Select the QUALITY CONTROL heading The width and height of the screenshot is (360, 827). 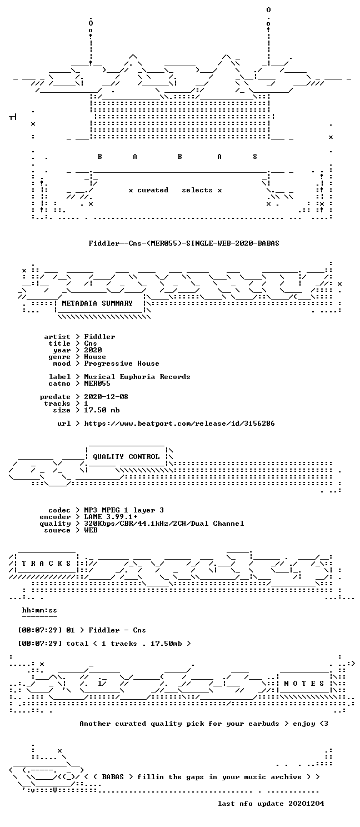pos(126,457)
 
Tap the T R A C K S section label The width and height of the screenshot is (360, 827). pos(46,564)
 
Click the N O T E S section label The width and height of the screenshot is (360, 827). pos(304,684)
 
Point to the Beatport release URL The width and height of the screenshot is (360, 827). pos(179,424)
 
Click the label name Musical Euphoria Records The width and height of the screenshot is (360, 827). pos(137,377)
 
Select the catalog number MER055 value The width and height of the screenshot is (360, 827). pos(97,383)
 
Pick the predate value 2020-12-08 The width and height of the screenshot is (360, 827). pos(106,396)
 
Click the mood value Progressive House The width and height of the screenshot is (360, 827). pos(122,363)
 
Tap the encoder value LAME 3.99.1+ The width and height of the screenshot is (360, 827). pos(111,517)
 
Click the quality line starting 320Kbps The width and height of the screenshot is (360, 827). pos(164,524)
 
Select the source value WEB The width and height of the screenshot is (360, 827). pos(91,530)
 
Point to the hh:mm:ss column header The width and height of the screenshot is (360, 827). pos(39,610)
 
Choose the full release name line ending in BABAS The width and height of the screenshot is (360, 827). pos(184,243)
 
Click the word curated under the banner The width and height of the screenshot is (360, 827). pos(153,190)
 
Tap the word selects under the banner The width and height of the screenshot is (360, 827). pos(197,190)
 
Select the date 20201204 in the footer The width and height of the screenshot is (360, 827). pos(306,804)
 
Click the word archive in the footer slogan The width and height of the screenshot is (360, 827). pos(286,777)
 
